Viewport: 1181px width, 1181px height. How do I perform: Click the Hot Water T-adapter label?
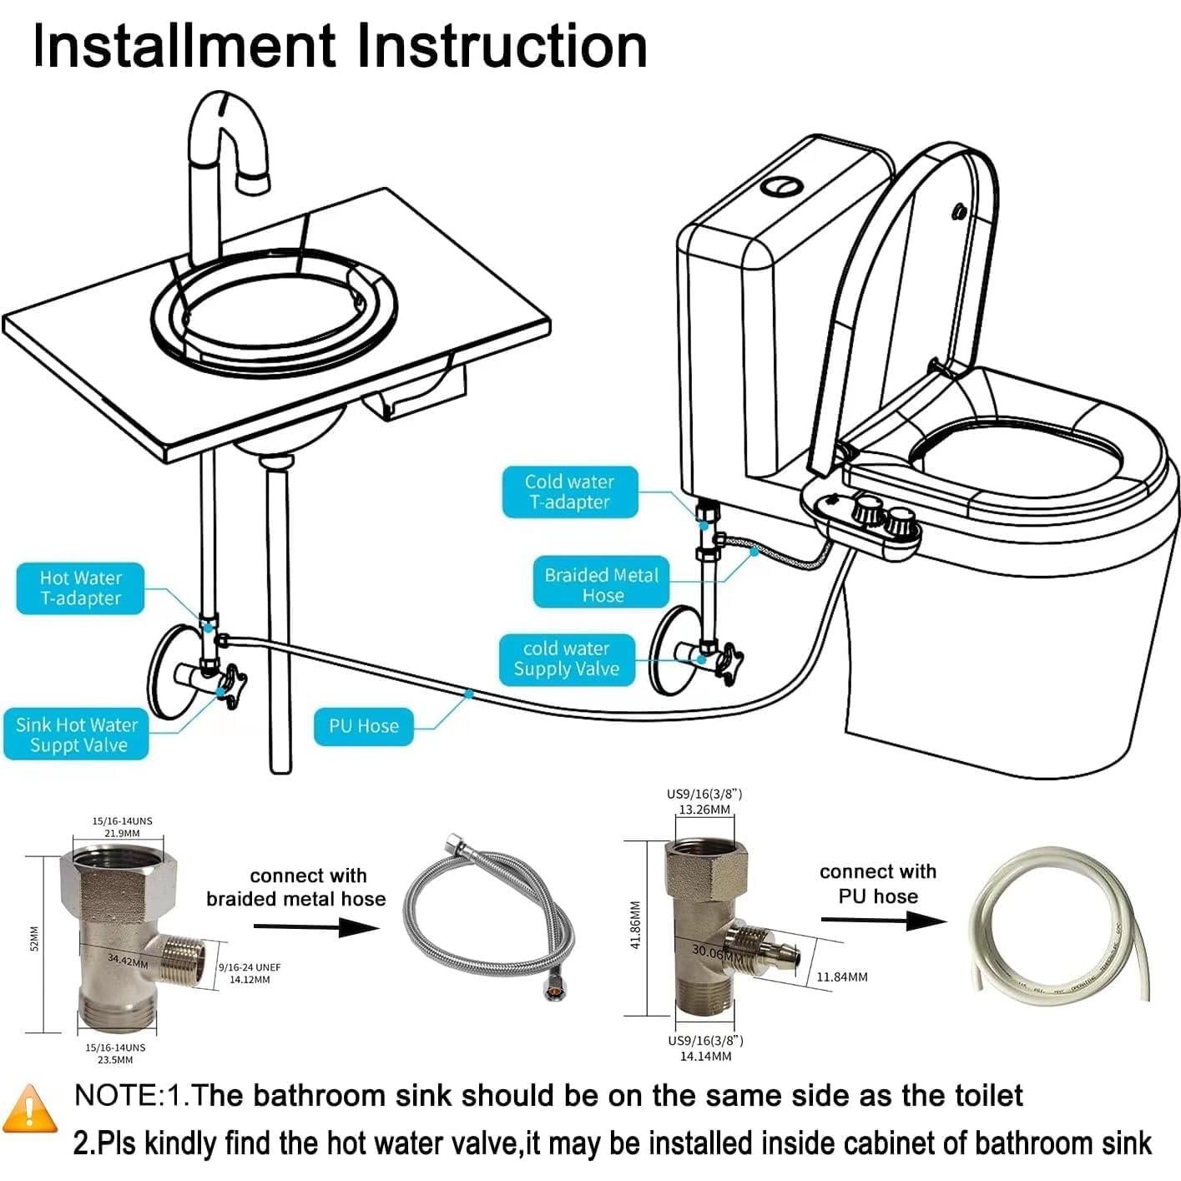80,588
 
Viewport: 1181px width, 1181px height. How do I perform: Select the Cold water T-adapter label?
569,492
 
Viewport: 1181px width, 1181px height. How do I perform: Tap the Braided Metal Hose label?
601,584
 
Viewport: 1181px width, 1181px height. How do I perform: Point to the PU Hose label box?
363,726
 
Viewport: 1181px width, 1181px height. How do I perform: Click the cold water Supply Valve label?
566,659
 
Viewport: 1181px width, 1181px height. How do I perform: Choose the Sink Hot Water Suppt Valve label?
76,735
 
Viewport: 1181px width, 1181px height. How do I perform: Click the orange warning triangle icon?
31,1108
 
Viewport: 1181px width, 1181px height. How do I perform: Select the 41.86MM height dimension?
635,925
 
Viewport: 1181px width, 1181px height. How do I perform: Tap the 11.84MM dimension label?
841,977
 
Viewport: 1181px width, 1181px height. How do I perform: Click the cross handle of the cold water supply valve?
729,663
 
